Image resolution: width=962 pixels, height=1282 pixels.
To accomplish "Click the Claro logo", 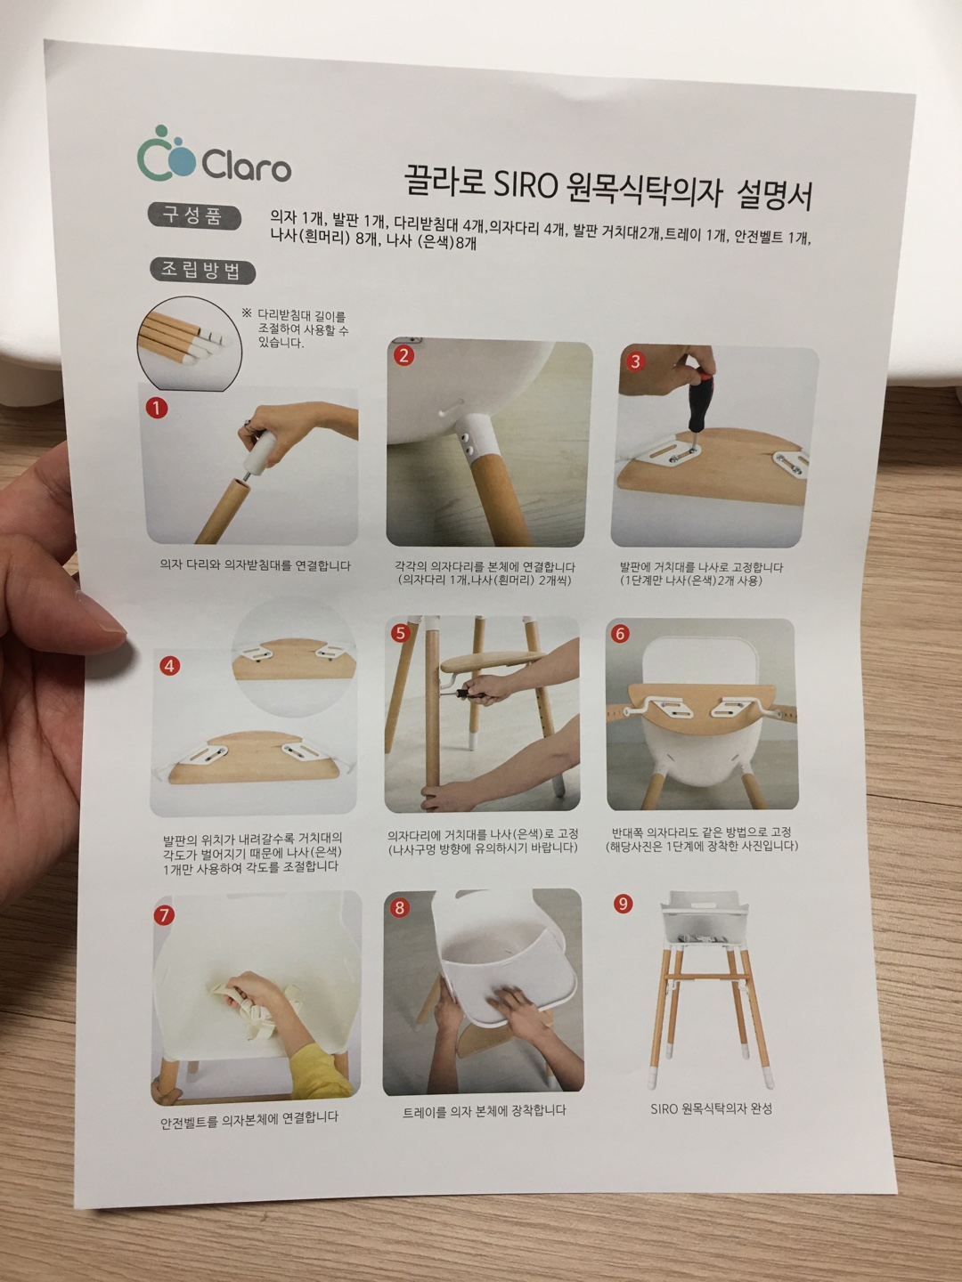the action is point(214,154).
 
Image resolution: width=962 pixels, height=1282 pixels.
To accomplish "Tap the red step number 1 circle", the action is point(157,408).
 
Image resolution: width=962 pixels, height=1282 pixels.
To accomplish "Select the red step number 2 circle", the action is point(404,355).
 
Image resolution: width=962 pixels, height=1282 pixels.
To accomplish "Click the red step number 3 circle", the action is point(635,361).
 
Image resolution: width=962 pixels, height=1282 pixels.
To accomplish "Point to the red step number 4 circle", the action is point(169,666).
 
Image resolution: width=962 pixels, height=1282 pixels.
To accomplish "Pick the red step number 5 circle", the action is point(400,633).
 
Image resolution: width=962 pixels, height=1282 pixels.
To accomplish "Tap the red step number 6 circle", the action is point(620,633).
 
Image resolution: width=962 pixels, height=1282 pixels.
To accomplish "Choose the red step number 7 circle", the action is point(164,914).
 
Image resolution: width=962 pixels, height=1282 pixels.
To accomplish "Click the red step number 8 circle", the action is point(400,907).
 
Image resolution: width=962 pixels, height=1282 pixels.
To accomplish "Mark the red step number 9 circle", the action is point(624,905).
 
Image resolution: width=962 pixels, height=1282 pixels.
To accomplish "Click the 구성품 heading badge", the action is point(193,216).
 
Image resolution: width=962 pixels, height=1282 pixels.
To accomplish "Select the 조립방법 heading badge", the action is point(202,271).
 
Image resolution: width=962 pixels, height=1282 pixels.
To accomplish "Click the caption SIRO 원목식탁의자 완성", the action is point(711,1108).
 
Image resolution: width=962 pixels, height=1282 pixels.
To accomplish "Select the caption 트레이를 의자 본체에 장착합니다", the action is point(485,1110).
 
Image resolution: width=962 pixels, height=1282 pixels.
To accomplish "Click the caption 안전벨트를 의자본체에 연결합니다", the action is point(249,1119).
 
